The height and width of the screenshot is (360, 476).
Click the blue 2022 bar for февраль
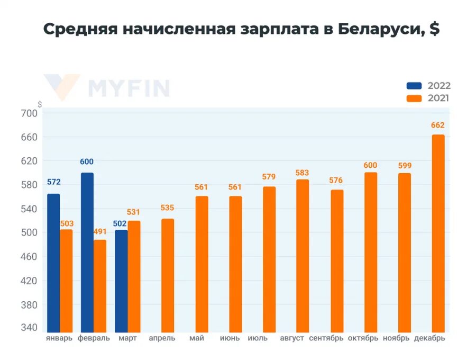click(x=87, y=253)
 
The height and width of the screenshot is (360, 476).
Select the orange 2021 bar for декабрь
click(x=438, y=233)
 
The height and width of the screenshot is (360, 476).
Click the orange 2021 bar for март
click(x=134, y=277)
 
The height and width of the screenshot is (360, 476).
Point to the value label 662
click(x=438, y=125)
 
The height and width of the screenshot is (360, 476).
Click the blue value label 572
click(x=53, y=182)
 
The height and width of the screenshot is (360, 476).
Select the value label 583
click(x=303, y=173)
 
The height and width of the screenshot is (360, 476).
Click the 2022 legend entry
click(x=428, y=86)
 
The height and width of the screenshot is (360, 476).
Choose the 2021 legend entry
click(x=428, y=98)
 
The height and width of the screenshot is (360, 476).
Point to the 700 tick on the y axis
click(x=30, y=113)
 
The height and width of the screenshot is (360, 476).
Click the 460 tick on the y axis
click(x=30, y=257)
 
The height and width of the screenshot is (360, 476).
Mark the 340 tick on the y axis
click(x=30, y=328)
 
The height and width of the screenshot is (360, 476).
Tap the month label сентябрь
click(x=326, y=338)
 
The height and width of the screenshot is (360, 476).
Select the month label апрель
click(x=162, y=338)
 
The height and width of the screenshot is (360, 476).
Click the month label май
click(x=197, y=338)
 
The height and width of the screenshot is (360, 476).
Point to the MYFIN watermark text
click(x=129, y=88)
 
